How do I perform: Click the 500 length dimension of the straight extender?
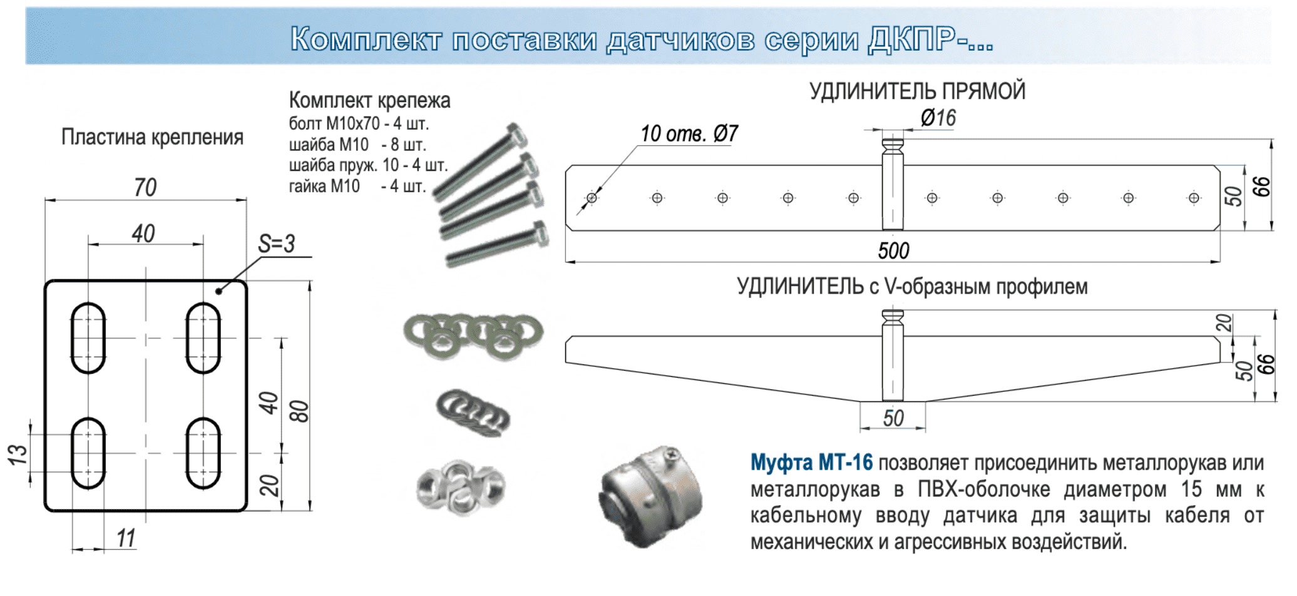tap(893, 251)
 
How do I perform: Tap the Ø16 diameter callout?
tap(938, 118)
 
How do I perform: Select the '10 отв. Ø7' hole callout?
tap(689, 133)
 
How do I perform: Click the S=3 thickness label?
tap(276, 244)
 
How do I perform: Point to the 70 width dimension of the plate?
tap(145, 187)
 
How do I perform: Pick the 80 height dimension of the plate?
tap(300, 411)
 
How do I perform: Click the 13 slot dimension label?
tap(18, 454)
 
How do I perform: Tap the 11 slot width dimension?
tap(126, 538)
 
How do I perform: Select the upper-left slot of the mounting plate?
tap(88, 338)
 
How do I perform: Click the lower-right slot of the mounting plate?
tap(203, 453)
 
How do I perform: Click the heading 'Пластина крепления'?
tap(152, 137)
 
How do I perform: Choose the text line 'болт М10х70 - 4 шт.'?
tap(359, 123)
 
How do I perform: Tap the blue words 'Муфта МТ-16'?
tap(811, 463)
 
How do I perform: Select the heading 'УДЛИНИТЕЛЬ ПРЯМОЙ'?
tap(917, 91)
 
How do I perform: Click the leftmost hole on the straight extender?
tap(592, 198)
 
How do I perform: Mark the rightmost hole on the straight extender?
tap(1194, 198)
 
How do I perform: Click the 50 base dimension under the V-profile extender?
tap(893, 418)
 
